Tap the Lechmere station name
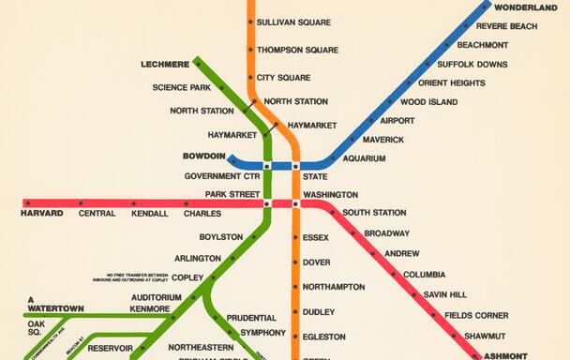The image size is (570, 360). point(164,65)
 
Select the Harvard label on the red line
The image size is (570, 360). point(41,214)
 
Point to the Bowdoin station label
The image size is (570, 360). point(203,157)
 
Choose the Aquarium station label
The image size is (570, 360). point(364,158)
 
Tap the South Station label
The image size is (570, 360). point(374,213)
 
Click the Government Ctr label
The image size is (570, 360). point(222,176)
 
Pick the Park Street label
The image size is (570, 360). point(232,194)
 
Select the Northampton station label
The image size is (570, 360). point(334,287)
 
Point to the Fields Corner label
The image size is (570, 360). point(476,315)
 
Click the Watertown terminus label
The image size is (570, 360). point(55,308)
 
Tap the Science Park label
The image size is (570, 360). point(181,88)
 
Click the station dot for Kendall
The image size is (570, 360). point(133,202)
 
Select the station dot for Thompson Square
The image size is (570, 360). point(250,50)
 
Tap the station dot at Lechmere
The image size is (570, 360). point(199,64)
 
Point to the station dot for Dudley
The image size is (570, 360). point(296,311)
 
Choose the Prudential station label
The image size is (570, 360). point(251,318)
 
